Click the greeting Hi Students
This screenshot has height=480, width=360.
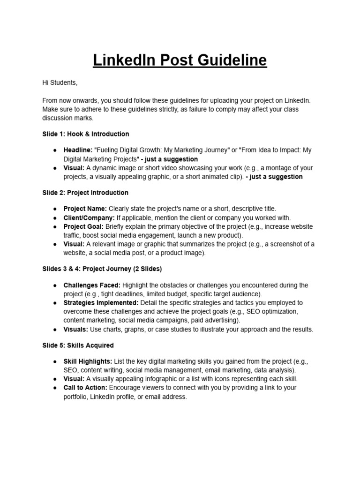point(60,83)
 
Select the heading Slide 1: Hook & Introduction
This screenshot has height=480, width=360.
point(86,134)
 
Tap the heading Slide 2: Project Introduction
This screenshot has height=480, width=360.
point(85,193)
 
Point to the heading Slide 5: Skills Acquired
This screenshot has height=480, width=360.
point(78,345)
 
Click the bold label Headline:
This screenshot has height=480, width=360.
point(78,150)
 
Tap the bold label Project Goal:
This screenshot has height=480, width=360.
point(83,226)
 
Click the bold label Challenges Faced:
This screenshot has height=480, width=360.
point(92,285)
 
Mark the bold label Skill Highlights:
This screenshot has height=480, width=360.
point(88,361)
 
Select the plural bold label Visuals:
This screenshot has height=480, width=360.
point(76,329)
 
